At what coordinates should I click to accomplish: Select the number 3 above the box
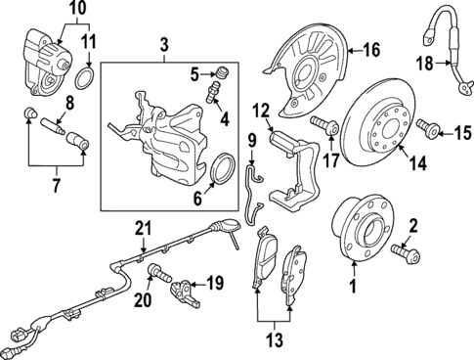pyautogui.click(x=164, y=45)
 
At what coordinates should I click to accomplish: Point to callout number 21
pyautogui.click(x=145, y=229)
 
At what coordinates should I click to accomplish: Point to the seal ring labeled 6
pyautogui.click(x=223, y=173)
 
